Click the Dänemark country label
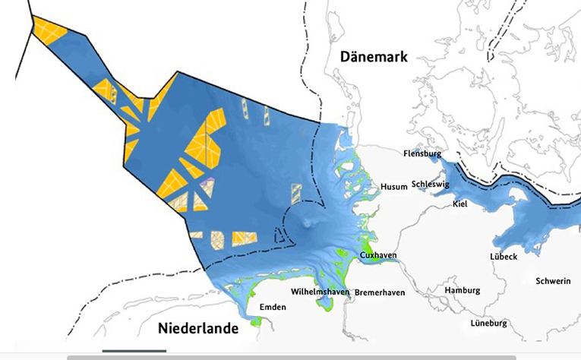pyautogui.click(x=374, y=57)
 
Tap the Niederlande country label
pyautogui.click(x=198, y=329)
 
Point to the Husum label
pyautogui.click(x=394, y=186)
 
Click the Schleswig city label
pyautogui.click(x=431, y=184)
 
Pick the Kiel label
pyautogui.click(x=459, y=204)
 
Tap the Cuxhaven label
pyautogui.click(x=378, y=256)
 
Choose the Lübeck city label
pyautogui.click(x=504, y=257)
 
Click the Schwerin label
pyautogui.click(x=553, y=281)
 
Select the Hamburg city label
pyautogui.click(x=463, y=290)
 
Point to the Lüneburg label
pyautogui.click(x=488, y=323)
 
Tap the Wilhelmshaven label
pyautogui.click(x=320, y=292)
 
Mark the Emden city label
pyautogui.click(x=273, y=306)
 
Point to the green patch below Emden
pyautogui.click(x=256, y=321)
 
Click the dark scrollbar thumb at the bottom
pyautogui.click(x=134, y=351)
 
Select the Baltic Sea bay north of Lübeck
pyautogui.click(x=524, y=220)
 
